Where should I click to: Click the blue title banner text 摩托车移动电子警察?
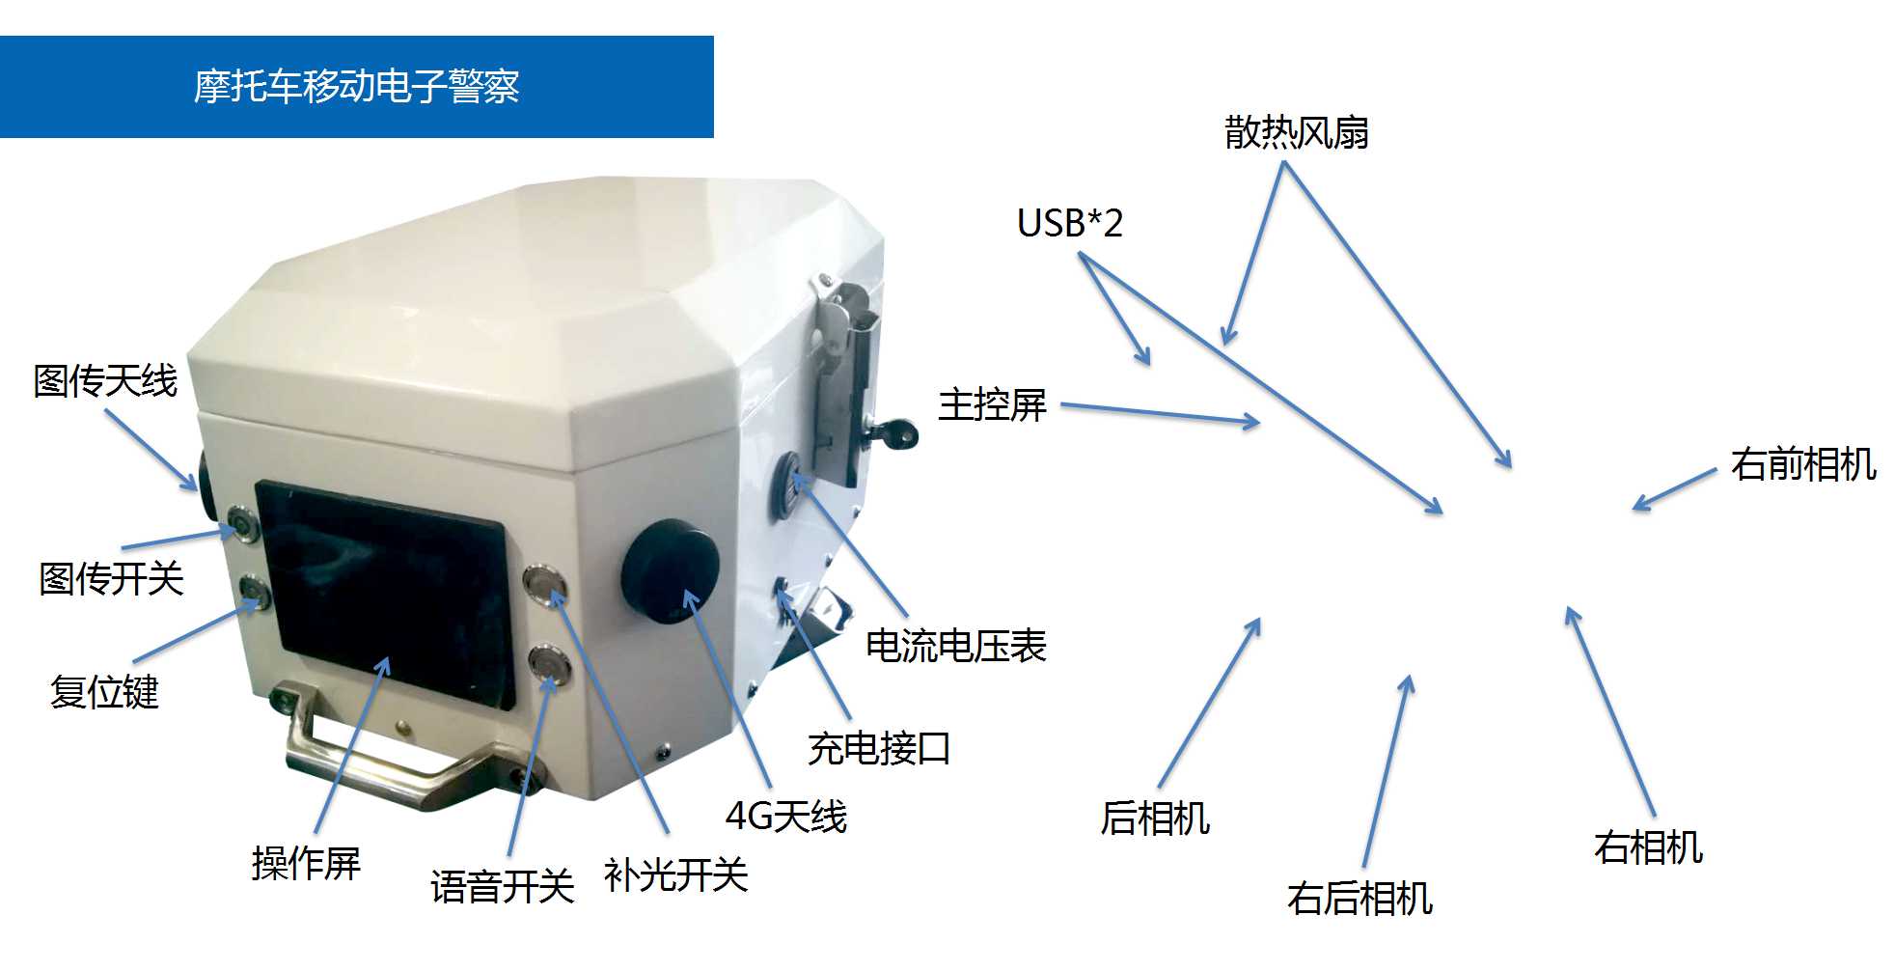point(356,87)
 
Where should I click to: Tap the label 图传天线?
point(105,380)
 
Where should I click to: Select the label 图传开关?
point(111,579)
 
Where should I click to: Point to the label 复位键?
point(104,692)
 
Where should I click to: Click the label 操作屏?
point(306,863)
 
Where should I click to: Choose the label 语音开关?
point(502,886)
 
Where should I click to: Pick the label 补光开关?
point(675,875)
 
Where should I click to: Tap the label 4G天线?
point(785,817)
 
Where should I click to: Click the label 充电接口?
point(879,748)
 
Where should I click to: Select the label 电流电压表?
point(955,646)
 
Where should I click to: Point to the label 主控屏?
point(992,404)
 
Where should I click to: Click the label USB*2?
point(1070,223)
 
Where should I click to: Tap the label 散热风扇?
point(1296,132)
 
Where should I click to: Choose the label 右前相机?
point(1803,464)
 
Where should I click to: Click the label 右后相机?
point(1359,898)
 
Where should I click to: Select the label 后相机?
point(1155,818)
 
